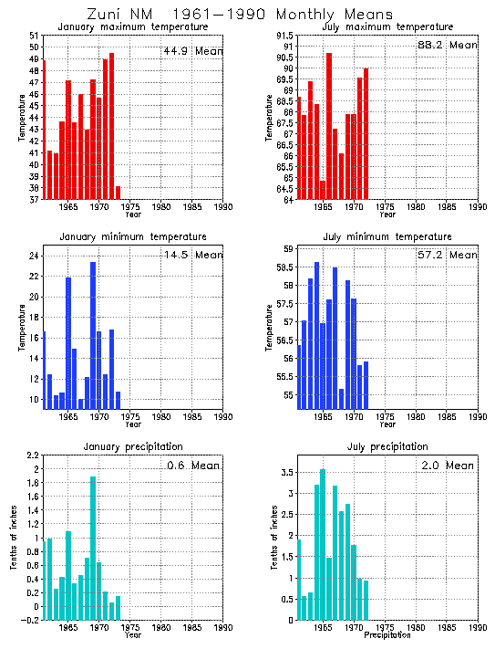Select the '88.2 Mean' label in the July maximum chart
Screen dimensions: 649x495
click(446, 45)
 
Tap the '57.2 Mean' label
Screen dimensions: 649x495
click(446, 255)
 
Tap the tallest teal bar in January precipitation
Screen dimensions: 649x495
click(93, 548)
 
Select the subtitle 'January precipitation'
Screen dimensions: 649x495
click(133, 446)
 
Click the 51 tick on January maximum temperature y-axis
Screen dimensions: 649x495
click(33, 35)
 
